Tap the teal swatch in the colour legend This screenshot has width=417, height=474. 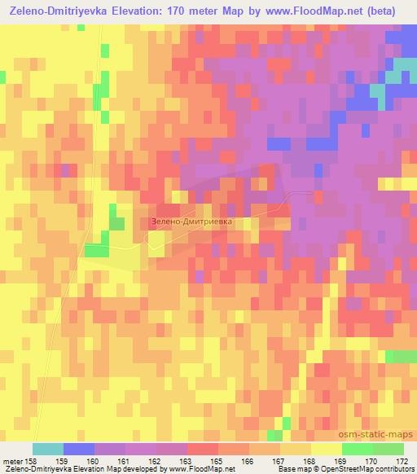tap(47, 449)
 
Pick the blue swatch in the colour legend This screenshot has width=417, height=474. tap(78, 449)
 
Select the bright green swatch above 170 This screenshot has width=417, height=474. tap(357, 449)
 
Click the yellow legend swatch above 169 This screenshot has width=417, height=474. tap(326, 449)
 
